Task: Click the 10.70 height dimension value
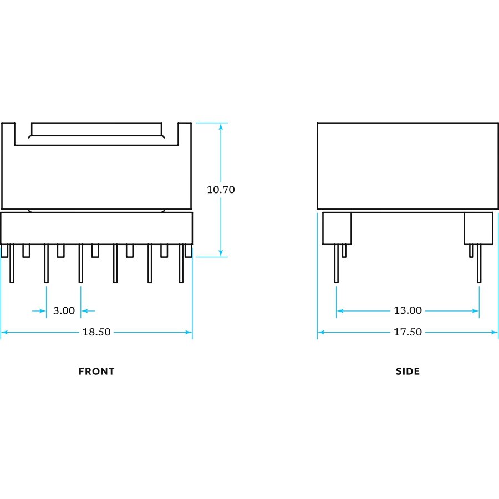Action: coord(221,190)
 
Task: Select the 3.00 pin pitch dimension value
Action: coord(64,311)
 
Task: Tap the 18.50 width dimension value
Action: coord(96,332)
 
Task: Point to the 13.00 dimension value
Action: coord(408,311)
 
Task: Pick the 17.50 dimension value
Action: coord(408,332)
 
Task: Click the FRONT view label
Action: coord(96,371)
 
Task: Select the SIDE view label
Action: coord(408,371)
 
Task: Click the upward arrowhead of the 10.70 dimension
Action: coord(221,126)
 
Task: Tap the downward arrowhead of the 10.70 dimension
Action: coord(221,253)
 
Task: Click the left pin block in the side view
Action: coord(337,228)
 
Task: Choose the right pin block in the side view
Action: coord(478,228)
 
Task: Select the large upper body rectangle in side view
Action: coord(408,166)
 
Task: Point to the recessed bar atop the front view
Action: coord(97,130)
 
